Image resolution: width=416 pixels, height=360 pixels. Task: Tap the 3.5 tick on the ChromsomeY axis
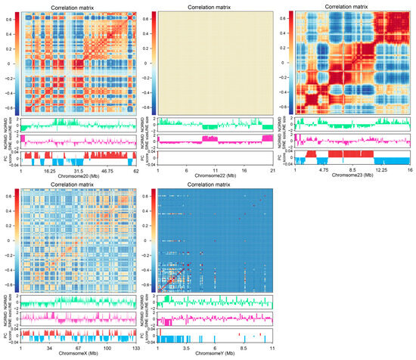click(187, 349)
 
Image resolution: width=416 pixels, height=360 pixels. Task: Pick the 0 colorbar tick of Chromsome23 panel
click(285, 64)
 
